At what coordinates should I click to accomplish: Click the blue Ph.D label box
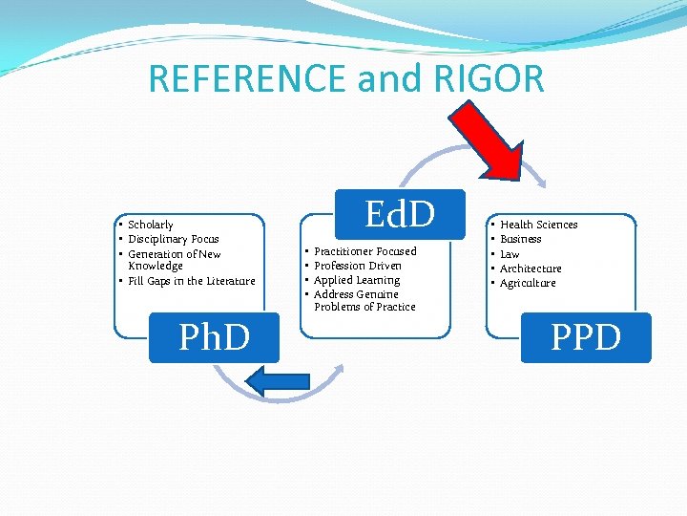click(x=214, y=337)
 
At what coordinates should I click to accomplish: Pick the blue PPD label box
click(x=586, y=337)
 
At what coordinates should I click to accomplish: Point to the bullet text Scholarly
click(x=151, y=225)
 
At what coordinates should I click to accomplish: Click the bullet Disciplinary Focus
click(x=174, y=239)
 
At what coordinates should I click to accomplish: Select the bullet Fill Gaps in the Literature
click(x=192, y=281)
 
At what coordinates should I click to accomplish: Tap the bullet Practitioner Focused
click(x=365, y=251)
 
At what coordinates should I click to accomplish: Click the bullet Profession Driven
click(x=358, y=266)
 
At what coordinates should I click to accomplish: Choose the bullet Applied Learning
click(x=357, y=280)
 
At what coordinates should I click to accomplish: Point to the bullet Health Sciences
click(x=539, y=225)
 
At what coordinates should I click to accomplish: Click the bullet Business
click(x=521, y=239)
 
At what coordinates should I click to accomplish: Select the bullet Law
click(x=510, y=254)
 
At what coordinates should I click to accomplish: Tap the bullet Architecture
click(x=531, y=269)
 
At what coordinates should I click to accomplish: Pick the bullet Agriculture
click(x=528, y=283)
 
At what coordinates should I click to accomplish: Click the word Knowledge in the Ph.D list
click(x=156, y=267)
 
